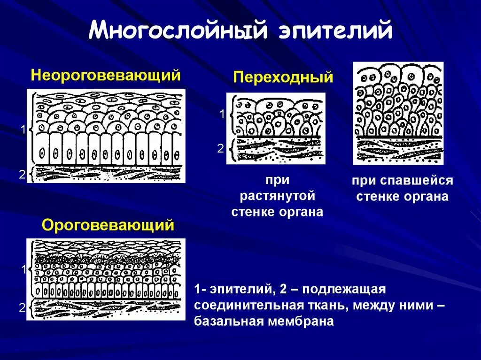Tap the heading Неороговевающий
(x=106, y=75)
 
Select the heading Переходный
(x=283, y=77)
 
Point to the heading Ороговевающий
(x=108, y=225)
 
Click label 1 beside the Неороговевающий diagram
(x=22, y=130)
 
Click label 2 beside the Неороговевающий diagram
(x=22, y=175)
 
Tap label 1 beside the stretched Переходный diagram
(x=222, y=114)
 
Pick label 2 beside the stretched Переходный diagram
(x=221, y=149)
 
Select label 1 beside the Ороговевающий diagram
(x=22, y=269)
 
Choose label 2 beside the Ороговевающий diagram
(x=22, y=308)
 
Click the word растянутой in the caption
(x=277, y=196)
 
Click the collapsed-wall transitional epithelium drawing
(x=398, y=113)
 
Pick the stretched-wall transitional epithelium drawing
(x=275, y=128)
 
